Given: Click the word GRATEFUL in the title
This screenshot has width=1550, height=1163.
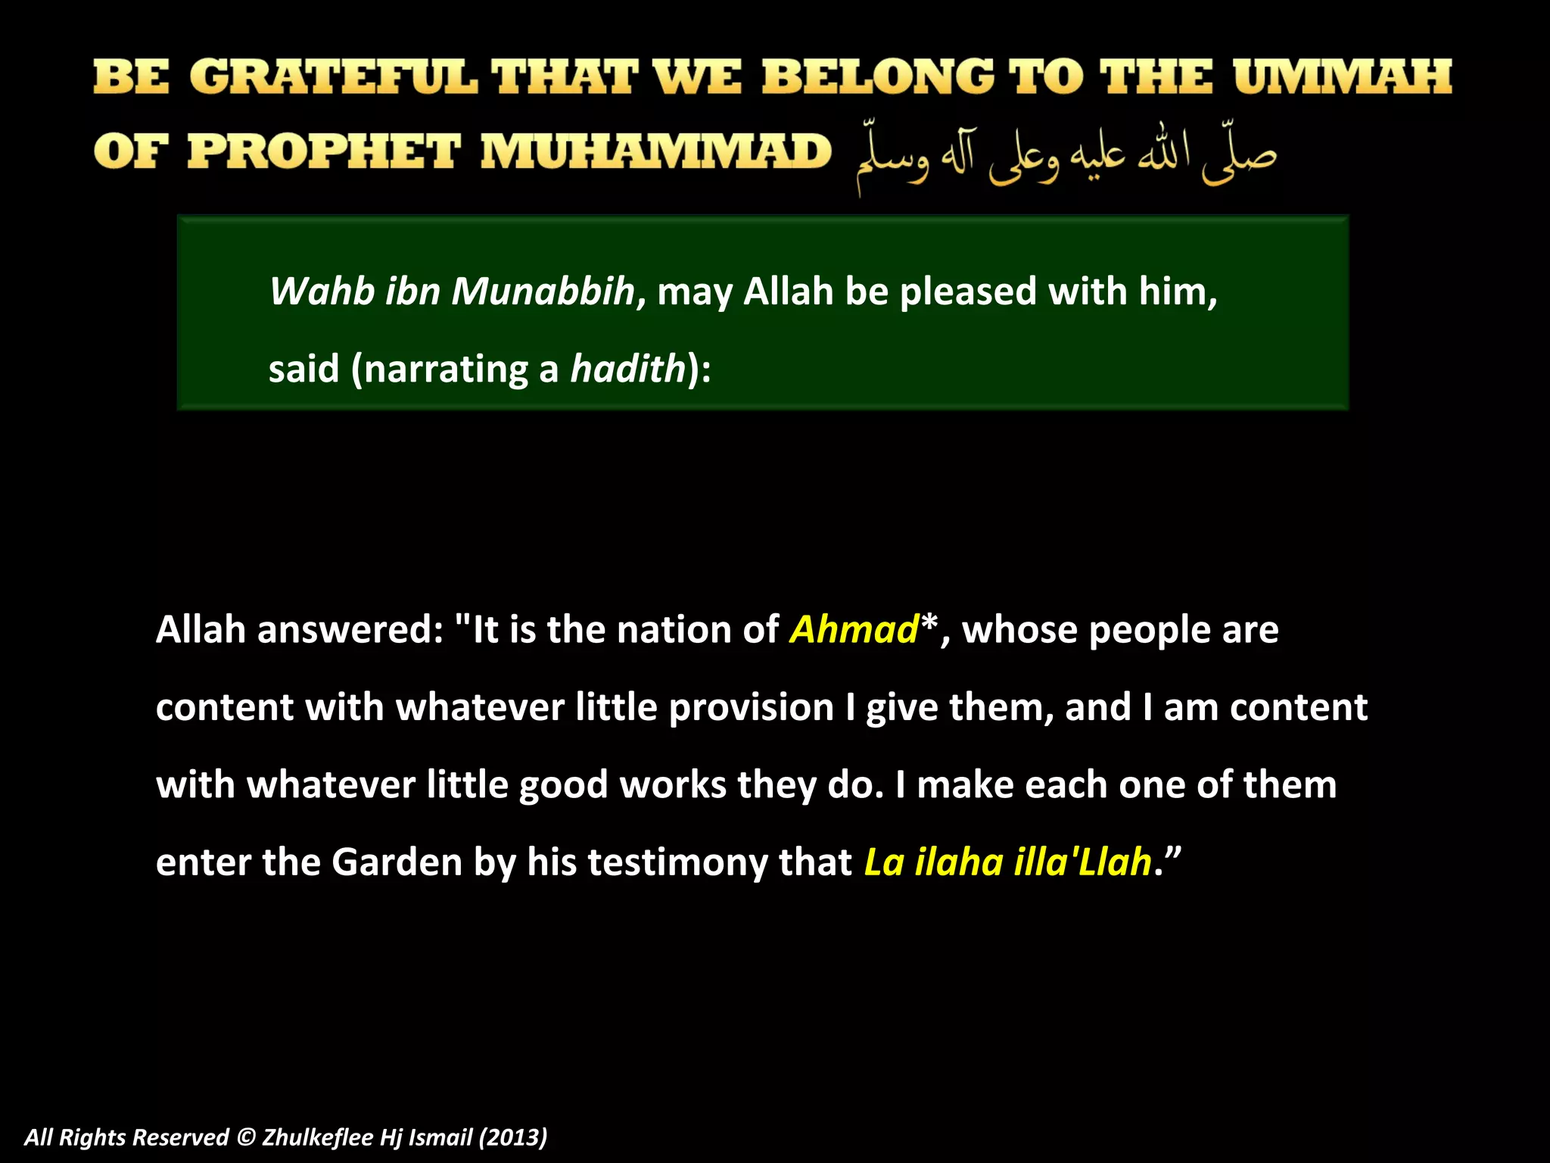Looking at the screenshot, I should (x=333, y=77).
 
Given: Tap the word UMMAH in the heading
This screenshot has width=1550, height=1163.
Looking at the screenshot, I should (x=1342, y=77).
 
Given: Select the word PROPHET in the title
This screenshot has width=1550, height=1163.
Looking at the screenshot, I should (x=324, y=151).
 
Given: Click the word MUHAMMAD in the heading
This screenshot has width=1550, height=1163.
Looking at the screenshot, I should (x=656, y=151).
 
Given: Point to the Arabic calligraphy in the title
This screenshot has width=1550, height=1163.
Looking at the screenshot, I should (x=1066, y=155).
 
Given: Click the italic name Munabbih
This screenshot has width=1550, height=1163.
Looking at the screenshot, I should (x=543, y=292).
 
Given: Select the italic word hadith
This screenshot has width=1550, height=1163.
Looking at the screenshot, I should (x=627, y=369).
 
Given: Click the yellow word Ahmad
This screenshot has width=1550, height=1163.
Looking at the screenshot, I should (x=854, y=630).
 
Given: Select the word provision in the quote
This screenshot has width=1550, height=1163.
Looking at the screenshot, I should (x=751, y=707).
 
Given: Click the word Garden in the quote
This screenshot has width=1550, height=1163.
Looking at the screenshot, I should (x=397, y=862).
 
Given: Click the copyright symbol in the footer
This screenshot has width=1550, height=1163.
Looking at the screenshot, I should (x=245, y=1137).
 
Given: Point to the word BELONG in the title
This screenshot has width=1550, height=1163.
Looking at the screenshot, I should (x=878, y=77).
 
